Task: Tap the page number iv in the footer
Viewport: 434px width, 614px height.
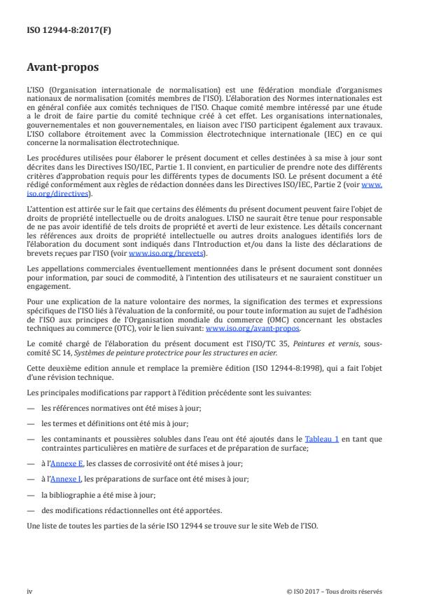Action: click(29, 591)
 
